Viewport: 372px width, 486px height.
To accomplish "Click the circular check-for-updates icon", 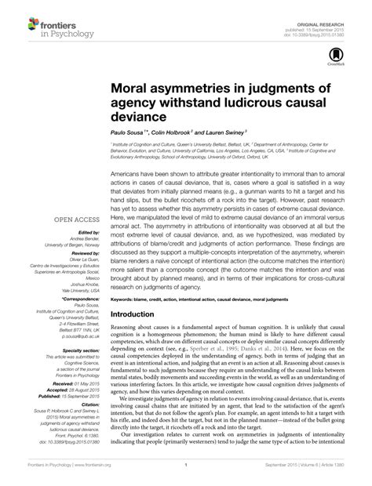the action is click(338, 54).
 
